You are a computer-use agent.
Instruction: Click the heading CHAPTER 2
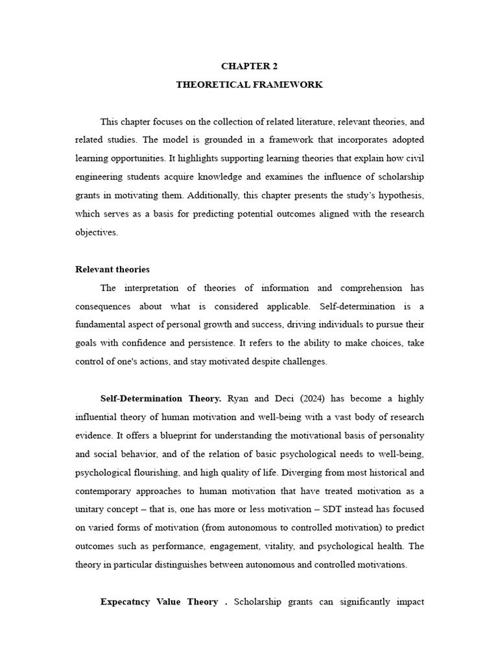coord(249,66)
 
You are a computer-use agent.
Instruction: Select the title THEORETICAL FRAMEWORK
coord(249,85)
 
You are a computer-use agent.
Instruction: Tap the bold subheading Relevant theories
coord(112,269)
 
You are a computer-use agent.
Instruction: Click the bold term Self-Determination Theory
coord(161,397)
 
